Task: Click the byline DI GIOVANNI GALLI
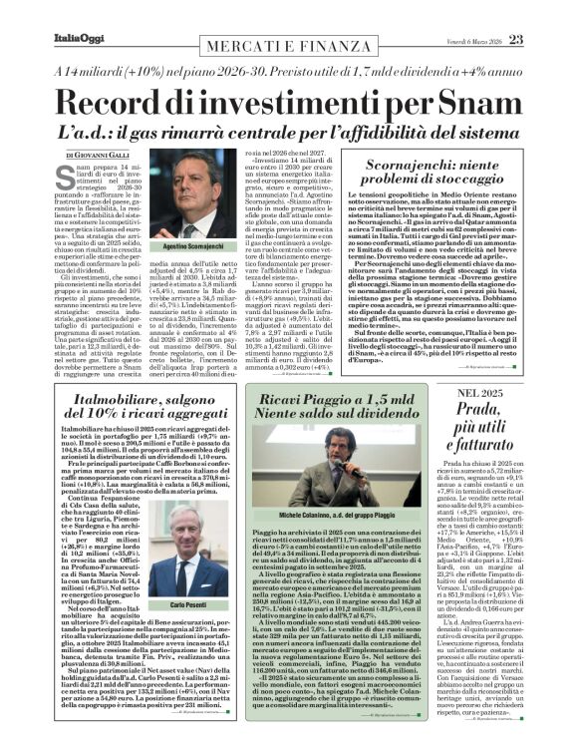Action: pyautogui.click(x=99, y=157)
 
